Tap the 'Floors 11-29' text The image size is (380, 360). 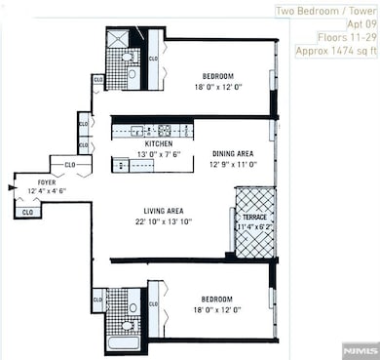(345, 40)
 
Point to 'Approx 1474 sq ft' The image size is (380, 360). (334, 56)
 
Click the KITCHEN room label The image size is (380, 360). (150, 143)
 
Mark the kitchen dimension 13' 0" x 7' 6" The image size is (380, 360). (150, 153)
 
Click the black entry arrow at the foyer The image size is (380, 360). (11, 185)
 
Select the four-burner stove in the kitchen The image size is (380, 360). (164, 130)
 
